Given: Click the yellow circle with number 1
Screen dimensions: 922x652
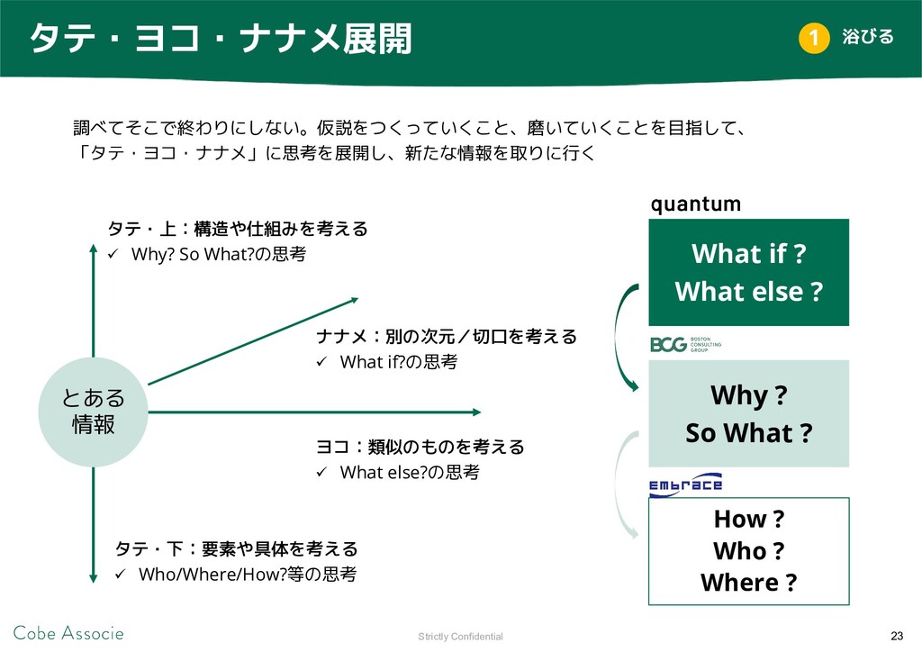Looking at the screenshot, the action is point(814,38).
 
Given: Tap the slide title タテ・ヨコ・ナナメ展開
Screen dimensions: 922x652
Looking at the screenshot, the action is point(221,39).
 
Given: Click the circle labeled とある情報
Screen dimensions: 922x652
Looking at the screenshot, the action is point(93,412).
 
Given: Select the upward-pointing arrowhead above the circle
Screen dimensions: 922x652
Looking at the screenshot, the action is point(93,248).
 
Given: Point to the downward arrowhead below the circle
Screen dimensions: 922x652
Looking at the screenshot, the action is point(93,578).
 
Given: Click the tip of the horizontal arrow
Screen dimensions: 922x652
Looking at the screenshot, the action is point(481,412).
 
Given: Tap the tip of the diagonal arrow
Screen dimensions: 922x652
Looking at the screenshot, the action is point(358,299).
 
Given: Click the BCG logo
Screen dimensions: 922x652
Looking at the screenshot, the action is point(685,344).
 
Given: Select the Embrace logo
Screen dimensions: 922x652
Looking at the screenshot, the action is point(685,485).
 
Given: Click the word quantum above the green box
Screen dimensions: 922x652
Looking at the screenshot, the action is point(696,204).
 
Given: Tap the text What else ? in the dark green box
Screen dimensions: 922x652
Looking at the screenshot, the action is point(748,292).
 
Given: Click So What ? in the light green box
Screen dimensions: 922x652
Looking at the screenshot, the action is point(748,432).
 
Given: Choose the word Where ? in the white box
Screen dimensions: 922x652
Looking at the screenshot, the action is point(748,583).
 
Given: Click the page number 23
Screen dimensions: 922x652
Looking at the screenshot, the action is point(897,636).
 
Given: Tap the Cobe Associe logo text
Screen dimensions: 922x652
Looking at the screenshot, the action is point(68,633).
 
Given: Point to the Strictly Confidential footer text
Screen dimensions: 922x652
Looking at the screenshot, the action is point(460,636).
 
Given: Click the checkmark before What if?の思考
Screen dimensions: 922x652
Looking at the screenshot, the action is point(321,361).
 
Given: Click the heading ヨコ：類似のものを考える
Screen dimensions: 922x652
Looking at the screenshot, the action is point(420,447).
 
